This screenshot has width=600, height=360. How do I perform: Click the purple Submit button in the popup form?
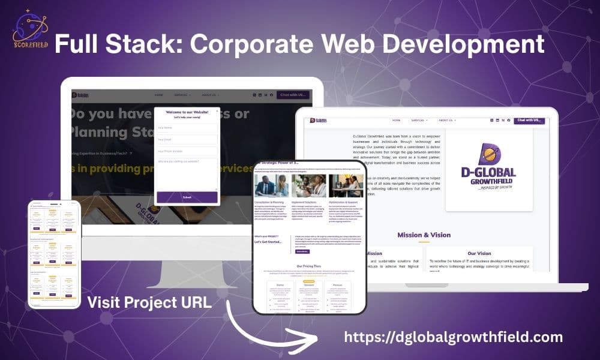(x=187, y=197)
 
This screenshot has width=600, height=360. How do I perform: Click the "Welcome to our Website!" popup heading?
(x=187, y=112)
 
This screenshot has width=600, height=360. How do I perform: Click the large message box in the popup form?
(x=187, y=173)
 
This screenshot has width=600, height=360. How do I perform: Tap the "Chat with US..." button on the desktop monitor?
(x=293, y=95)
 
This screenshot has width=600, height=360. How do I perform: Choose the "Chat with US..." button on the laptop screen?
(x=530, y=120)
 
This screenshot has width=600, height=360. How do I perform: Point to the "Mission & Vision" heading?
(x=424, y=235)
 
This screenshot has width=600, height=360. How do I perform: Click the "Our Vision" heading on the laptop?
(x=479, y=253)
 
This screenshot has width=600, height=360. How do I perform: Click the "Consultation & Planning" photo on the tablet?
(x=272, y=186)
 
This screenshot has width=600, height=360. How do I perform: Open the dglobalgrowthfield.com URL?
(x=455, y=336)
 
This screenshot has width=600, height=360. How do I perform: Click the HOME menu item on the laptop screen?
(x=396, y=120)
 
